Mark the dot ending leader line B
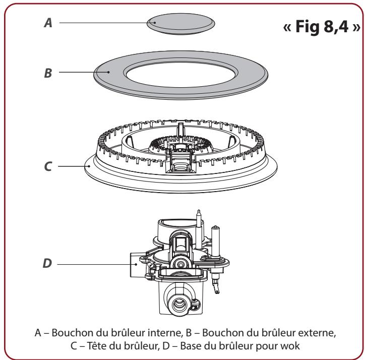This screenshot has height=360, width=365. [x=107, y=72]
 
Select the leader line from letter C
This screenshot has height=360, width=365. [x=73, y=165]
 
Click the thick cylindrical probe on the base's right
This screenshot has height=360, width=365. [x=220, y=243]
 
